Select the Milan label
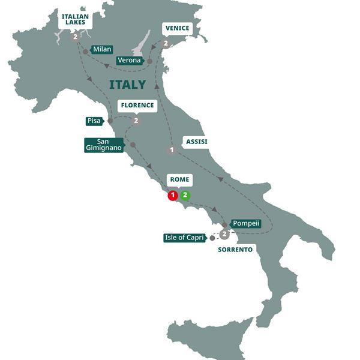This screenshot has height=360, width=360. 102,49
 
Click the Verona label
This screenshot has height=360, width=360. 129,61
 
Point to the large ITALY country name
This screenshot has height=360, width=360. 127,85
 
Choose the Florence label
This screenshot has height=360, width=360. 137,106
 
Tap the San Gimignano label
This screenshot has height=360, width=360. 104,145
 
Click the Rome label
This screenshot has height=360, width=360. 179,179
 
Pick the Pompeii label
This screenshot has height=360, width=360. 246,223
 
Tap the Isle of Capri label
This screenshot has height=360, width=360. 185,238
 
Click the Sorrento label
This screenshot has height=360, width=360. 235,248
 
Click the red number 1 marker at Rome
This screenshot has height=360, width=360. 173,195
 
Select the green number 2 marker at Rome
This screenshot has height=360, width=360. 185,195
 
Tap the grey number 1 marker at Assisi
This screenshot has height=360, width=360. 172,150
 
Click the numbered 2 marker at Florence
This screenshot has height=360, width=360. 136,121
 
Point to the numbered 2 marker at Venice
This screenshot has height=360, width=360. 165,43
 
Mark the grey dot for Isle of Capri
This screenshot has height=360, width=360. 212,238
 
